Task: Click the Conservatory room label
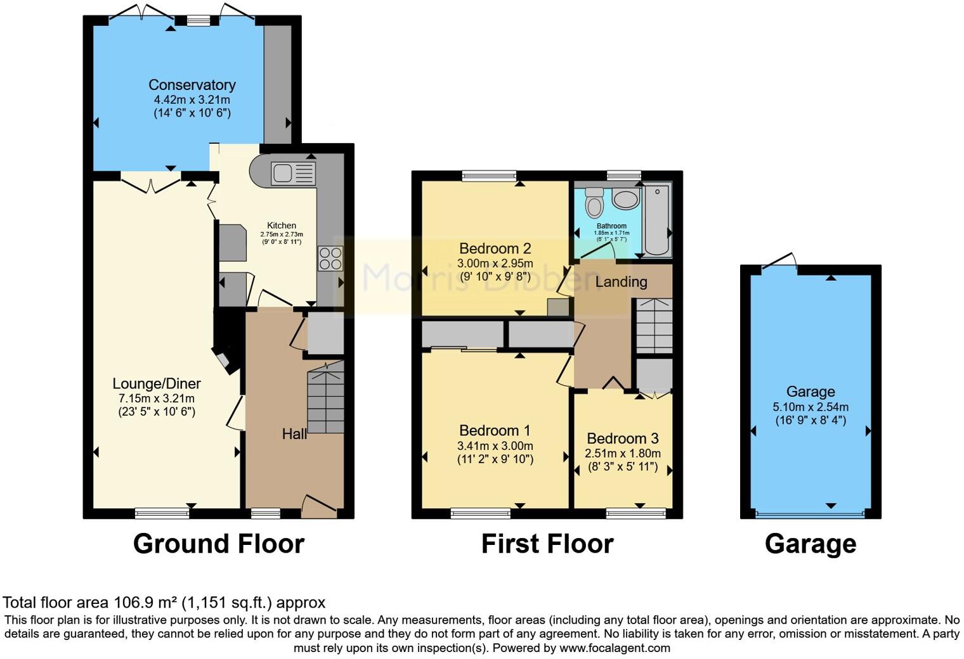tap(192, 85)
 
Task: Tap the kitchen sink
tap(293, 174)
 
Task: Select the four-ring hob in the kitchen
tap(330, 259)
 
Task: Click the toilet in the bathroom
tap(594, 203)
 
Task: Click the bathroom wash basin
tap(626, 199)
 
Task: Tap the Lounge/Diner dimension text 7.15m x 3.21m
tap(157, 399)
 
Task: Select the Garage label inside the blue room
tap(811, 392)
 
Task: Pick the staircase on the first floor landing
tap(654, 326)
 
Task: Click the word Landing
tap(621, 282)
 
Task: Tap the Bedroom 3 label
tap(622, 438)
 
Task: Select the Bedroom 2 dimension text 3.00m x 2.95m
tap(495, 263)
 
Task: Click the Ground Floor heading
tap(218, 544)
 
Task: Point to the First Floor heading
tap(547, 544)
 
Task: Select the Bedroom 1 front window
tap(480, 513)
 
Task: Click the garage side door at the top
tap(779, 263)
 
